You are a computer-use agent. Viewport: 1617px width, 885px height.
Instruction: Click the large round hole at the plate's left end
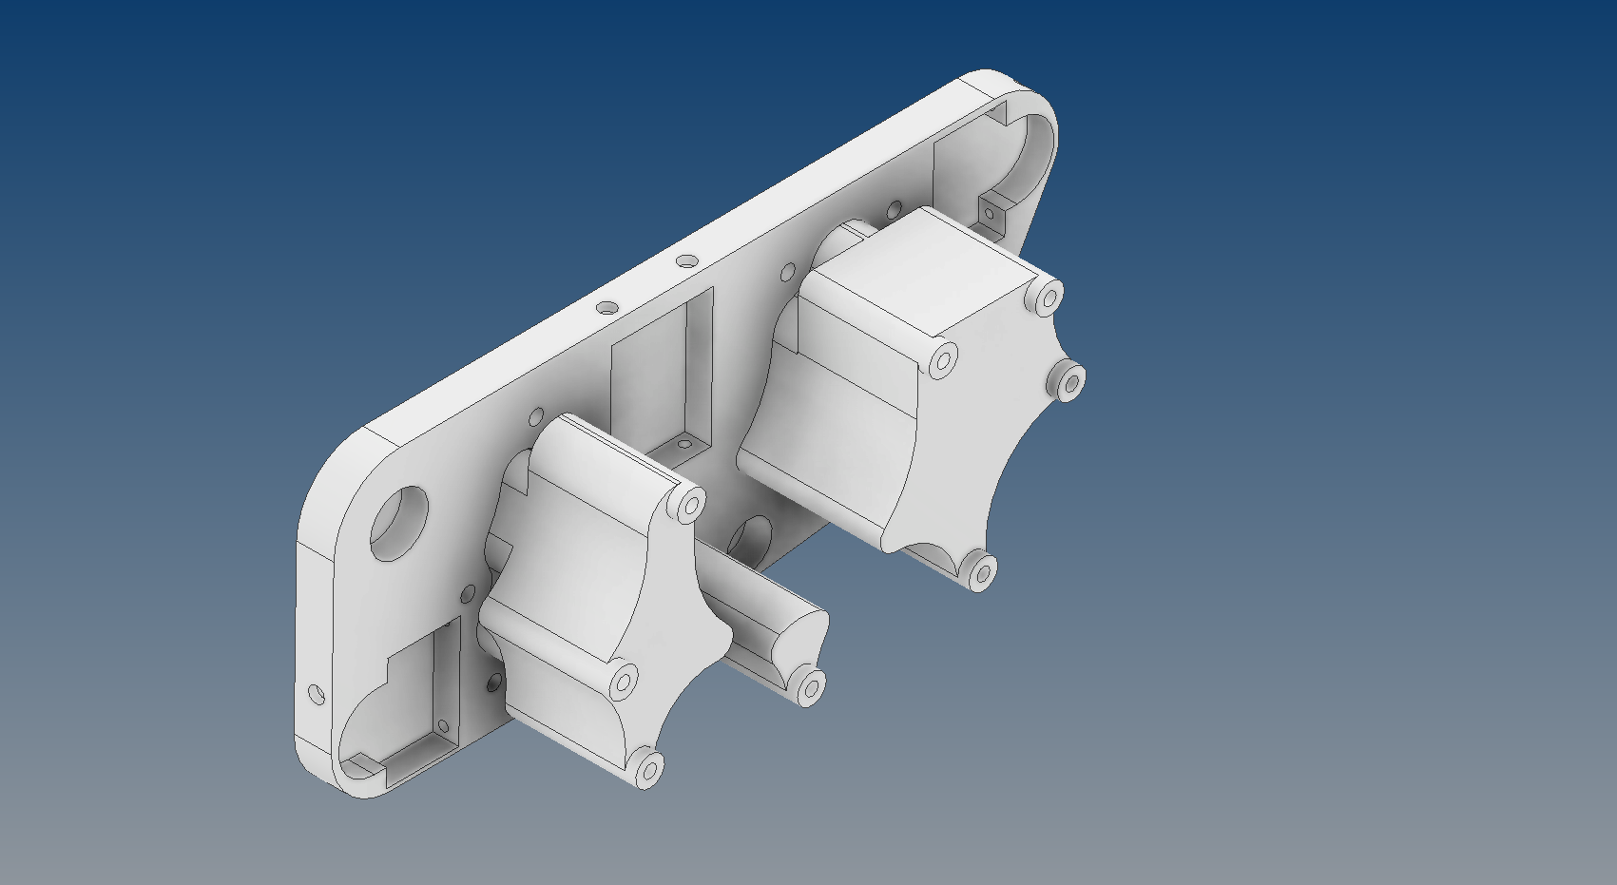[398, 523]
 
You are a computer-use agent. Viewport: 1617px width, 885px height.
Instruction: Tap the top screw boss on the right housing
[1048, 298]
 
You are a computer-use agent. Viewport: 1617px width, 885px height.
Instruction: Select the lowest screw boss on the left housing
[648, 768]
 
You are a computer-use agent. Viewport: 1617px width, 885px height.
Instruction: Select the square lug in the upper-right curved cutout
[991, 213]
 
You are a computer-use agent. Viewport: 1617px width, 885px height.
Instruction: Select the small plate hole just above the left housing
[536, 417]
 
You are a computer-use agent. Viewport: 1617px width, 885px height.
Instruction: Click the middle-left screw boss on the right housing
[943, 362]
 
